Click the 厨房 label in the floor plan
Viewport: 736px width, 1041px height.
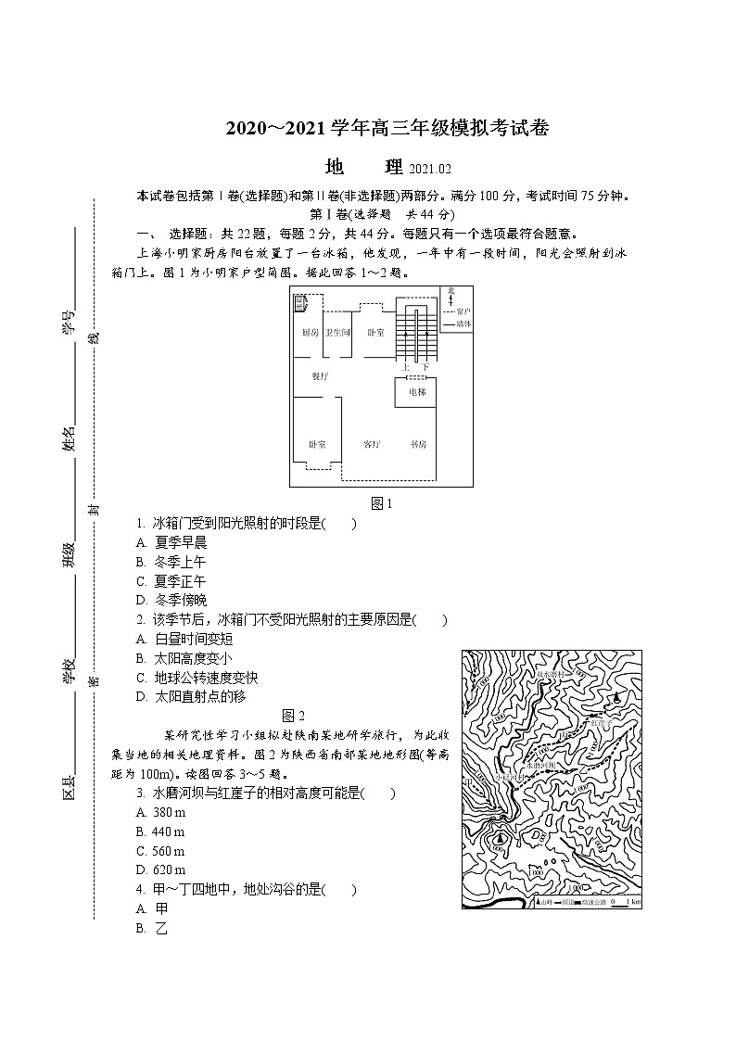point(310,333)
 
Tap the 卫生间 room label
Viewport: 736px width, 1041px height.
point(336,333)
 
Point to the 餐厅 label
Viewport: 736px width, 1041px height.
point(319,376)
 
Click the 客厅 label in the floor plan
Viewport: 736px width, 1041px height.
point(373,445)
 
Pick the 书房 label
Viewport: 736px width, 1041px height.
point(418,445)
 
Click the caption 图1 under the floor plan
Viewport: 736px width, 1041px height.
point(382,504)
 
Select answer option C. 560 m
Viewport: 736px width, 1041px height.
point(160,851)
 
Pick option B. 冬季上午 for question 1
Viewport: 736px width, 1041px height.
point(171,562)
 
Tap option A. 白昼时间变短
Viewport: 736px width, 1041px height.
point(184,639)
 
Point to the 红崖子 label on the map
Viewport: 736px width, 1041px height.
point(603,722)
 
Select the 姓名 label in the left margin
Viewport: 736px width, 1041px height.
point(68,441)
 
